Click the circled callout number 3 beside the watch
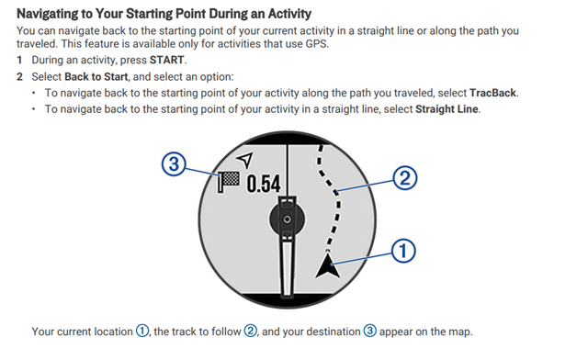tap(174, 164)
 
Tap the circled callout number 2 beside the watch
tap(405, 178)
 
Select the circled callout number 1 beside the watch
tap(403, 251)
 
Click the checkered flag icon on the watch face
tap(229, 182)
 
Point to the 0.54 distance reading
tap(264, 184)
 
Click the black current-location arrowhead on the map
tap(328, 265)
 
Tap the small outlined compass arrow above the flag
tap(245, 160)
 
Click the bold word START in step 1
tap(166, 60)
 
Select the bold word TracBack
tap(492, 93)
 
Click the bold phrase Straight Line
tap(447, 109)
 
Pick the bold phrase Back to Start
tap(96, 76)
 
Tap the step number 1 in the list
tap(19, 60)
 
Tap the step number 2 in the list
tap(19, 76)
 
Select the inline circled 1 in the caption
tap(142, 332)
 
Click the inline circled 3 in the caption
tap(369, 332)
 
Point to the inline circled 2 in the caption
tap(251, 332)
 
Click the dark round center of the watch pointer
tap(288, 219)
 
